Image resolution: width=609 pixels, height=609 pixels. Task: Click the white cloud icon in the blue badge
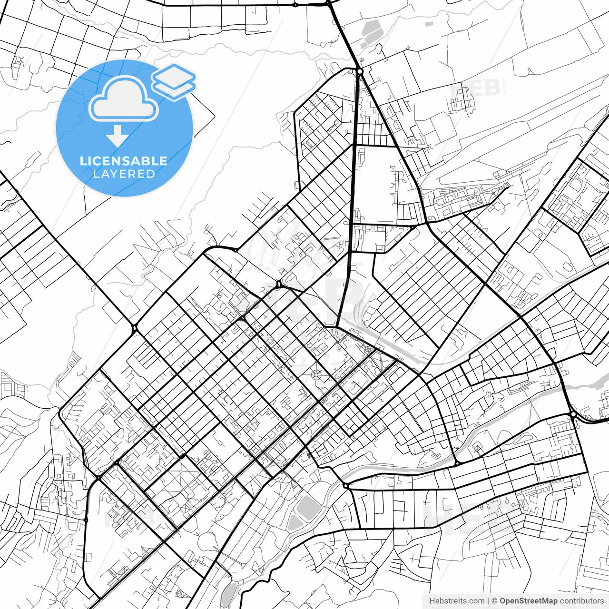pyautogui.click(x=123, y=99)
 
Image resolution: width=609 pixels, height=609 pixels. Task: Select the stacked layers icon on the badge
pyautogui.click(x=174, y=82)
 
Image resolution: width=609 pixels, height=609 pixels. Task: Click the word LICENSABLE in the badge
pyautogui.click(x=124, y=161)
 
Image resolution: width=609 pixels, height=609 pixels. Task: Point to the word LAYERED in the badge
pyautogui.click(x=124, y=174)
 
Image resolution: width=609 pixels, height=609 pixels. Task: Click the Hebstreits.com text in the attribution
pyautogui.click(x=457, y=601)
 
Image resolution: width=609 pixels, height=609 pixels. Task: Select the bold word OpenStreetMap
pyautogui.click(x=529, y=601)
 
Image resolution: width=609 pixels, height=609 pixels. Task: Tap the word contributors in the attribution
pyautogui.click(x=581, y=601)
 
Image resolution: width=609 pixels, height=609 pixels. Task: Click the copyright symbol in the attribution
pyautogui.click(x=494, y=601)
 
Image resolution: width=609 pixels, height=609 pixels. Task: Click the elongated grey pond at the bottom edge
pyautogui.click(x=229, y=592)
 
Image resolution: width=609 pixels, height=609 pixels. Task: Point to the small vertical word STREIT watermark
pyautogui.click(x=505, y=88)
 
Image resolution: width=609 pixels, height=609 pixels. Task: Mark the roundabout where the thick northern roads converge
pyautogui.click(x=360, y=71)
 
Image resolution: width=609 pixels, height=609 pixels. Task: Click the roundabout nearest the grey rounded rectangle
pyautogui.click(x=345, y=486)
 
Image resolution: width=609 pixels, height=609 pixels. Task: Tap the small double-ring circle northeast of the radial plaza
pyautogui.click(x=367, y=350)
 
